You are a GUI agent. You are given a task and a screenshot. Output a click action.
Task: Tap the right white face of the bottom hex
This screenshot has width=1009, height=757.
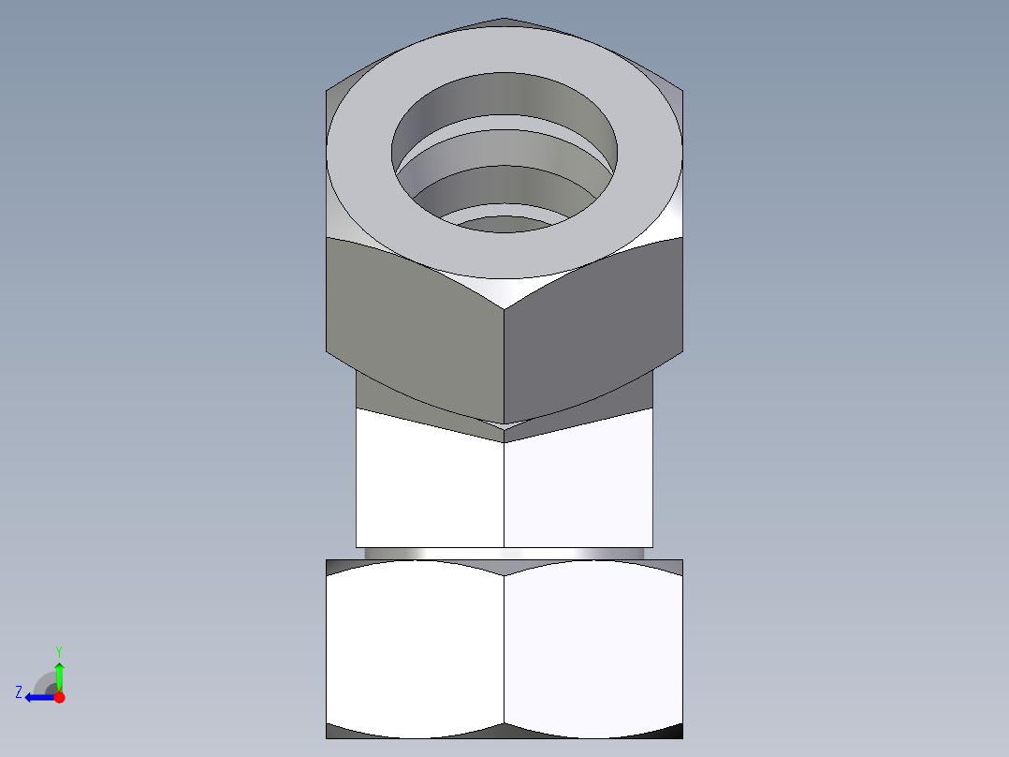pos(593,646)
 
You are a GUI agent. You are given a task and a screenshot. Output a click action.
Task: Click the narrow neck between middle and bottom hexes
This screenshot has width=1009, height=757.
pos(504,554)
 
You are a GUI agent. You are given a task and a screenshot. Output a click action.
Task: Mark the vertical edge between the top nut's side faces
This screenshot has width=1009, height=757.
pos(504,365)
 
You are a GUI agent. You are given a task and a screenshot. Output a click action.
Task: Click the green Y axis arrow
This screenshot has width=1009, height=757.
pos(59,674)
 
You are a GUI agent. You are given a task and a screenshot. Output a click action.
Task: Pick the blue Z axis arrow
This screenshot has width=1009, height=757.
pos(37,697)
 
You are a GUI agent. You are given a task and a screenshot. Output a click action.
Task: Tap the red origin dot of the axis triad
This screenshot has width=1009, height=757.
pos(59,697)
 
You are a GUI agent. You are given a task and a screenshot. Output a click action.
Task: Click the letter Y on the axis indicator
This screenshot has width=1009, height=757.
pos(58,650)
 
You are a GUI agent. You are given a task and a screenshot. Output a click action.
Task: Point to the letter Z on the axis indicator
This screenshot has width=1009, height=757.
pos(19,692)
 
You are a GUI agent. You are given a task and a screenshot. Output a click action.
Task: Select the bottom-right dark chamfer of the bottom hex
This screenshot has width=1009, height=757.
pos(670,732)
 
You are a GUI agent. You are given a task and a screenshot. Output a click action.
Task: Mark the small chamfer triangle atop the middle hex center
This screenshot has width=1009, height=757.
pos(504,432)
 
